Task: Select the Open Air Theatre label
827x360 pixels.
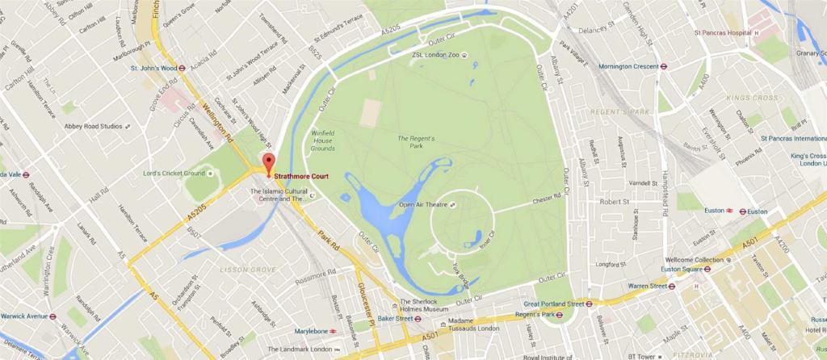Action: click(423, 205)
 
